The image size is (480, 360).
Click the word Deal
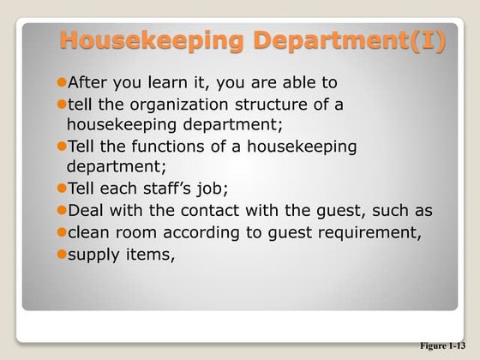[x=87, y=210]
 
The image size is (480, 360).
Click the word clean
[x=91, y=231]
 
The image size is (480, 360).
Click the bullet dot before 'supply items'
[x=61, y=253]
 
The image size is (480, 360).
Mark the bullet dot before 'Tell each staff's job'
[x=61, y=189]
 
